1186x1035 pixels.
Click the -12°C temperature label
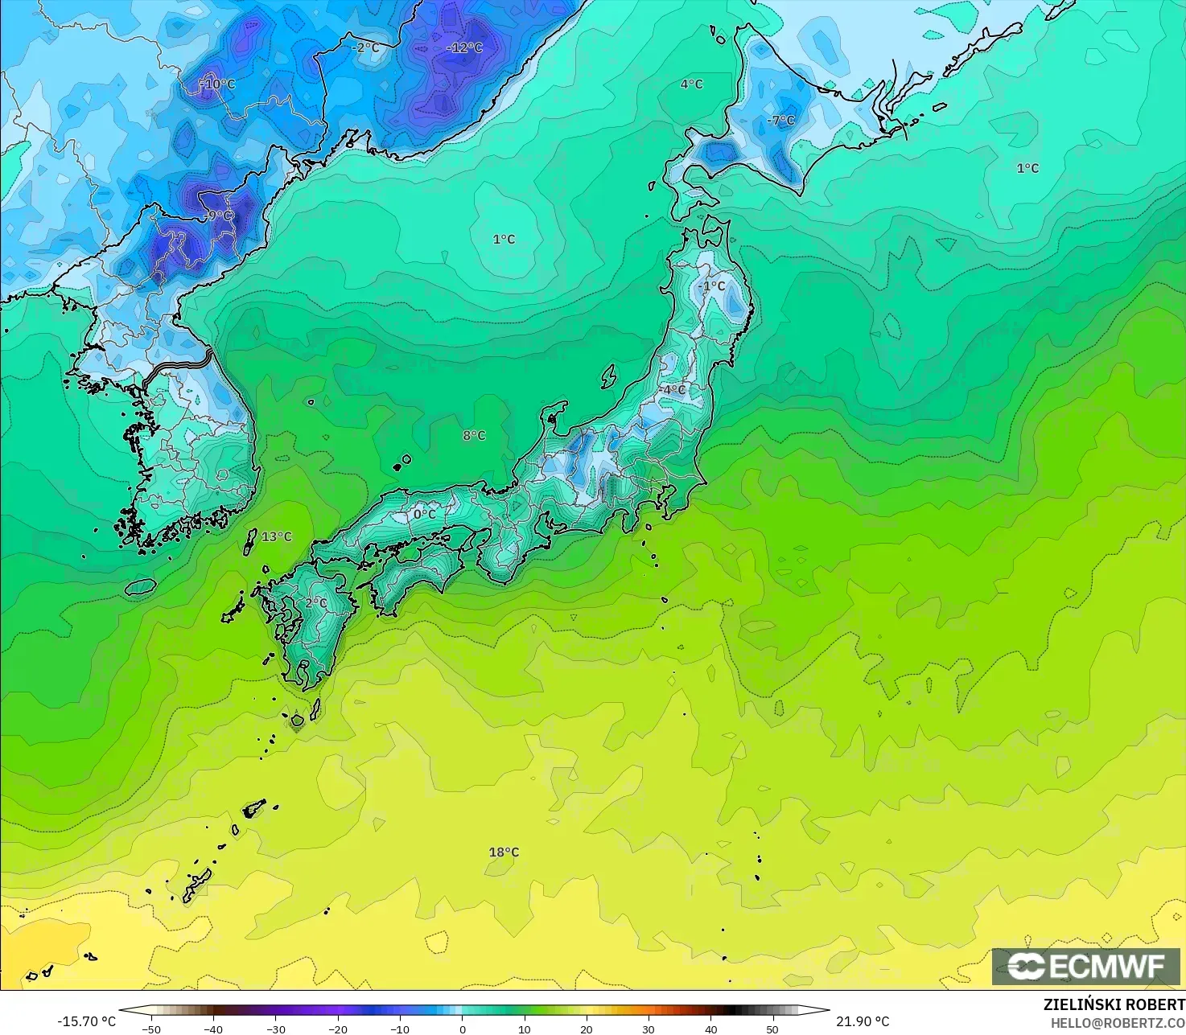pos(464,48)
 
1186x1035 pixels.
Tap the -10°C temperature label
pos(217,84)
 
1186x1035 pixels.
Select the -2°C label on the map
pos(365,48)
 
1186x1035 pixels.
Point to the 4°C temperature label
pos(691,84)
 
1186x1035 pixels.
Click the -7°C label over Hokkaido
pos(780,121)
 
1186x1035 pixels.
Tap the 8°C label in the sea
pos(474,436)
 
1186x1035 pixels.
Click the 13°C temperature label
pos(277,537)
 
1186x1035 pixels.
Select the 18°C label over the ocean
pos(504,852)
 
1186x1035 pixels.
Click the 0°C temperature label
pos(424,515)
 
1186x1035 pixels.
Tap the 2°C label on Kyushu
pos(315,603)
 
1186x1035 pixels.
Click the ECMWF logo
pos(1085,966)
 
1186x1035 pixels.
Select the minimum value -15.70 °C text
pos(87,1021)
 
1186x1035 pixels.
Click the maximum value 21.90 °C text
pos(863,1021)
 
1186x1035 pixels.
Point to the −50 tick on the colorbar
pos(150,1029)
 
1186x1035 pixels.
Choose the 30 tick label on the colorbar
pos(649,1029)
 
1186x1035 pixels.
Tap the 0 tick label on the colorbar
pos(462,1029)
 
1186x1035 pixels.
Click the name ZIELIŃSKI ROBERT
pos(1114,1005)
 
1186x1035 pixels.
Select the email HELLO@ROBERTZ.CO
pos(1118,1022)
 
